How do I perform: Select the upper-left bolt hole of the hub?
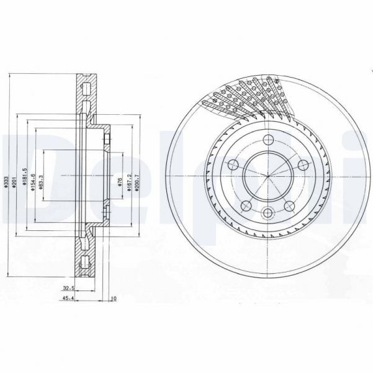(x=233, y=164)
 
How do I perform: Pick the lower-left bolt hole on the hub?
(x=246, y=205)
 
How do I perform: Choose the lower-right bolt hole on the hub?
(x=289, y=205)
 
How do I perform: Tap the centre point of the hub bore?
(x=267, y=176)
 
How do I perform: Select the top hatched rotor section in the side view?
(x=86, y=93)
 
